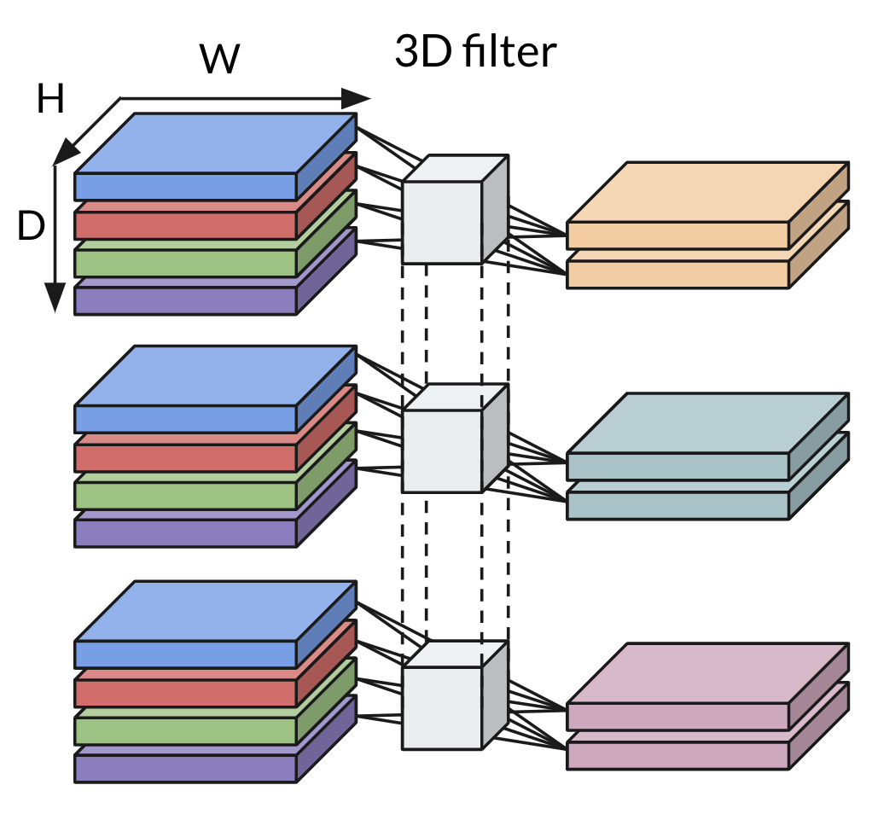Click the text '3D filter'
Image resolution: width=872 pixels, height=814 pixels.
(x=475, y=52)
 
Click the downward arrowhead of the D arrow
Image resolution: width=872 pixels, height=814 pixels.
(x=55, y=298)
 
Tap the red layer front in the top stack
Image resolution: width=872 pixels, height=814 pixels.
(x=185, y=224)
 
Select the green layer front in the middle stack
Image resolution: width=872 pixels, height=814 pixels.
(x=185, y=493)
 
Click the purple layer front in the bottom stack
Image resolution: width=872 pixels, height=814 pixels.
(x=185, y=767)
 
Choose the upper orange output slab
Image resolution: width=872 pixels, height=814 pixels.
(x=708, y=193)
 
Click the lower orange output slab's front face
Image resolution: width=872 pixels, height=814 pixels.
(x=677, y=274)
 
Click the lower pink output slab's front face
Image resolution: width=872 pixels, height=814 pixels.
(x=677, y=755)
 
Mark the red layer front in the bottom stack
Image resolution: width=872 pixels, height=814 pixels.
(x=185, y=690)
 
